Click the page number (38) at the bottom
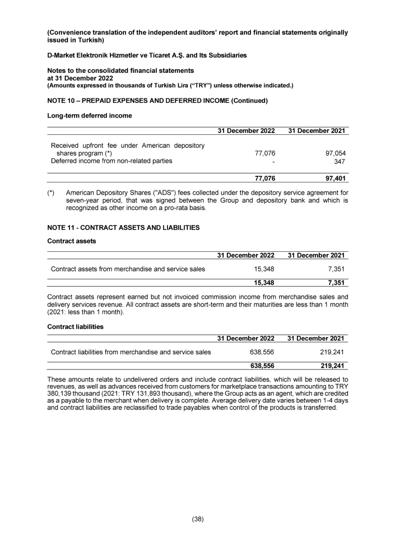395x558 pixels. click(197, 519)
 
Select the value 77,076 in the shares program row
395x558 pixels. click(265, 153)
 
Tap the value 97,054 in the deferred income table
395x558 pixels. click(333, 153)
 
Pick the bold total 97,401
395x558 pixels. click(333, 179)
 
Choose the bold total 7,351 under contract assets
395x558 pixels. click(335, 283)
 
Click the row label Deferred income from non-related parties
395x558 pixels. click(111, 161)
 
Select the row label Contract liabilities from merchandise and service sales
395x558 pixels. click(131, 351)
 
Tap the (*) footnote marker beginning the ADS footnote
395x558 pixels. click(52, 192)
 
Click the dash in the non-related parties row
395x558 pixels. click(273, 161)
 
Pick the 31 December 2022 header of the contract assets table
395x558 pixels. click(245, 255)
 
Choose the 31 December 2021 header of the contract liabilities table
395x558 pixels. click(315, 338)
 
